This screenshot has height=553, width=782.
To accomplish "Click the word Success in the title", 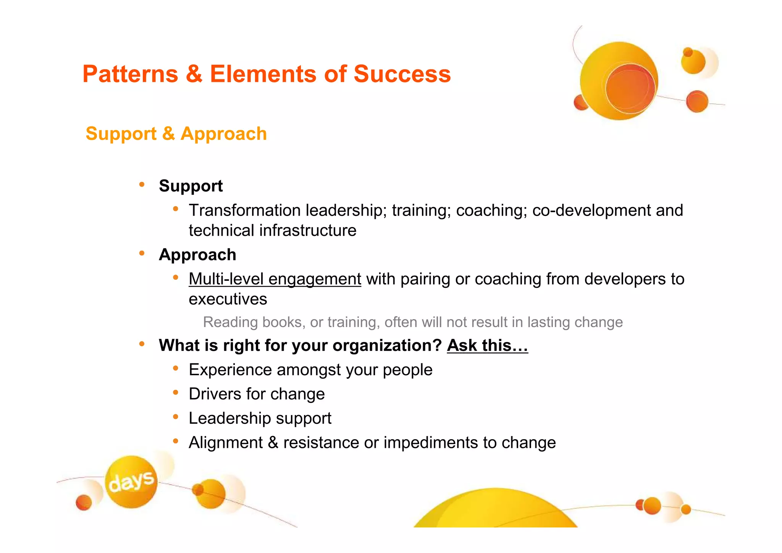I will (402, 74).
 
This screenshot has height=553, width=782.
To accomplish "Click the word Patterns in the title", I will (130, 74).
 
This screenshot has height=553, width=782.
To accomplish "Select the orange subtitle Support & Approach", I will (176, 134).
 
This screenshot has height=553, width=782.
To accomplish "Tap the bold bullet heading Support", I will (191, 186).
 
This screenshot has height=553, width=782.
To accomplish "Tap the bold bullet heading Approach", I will (197, 255).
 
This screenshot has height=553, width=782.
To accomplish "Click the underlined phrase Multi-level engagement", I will (275, 279).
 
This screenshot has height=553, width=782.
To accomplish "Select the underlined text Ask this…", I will (487, 345).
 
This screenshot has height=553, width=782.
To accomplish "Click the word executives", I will (228, 299).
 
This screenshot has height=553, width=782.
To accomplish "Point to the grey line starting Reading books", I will (412, 322).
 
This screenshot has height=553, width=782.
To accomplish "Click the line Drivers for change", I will (257, 394).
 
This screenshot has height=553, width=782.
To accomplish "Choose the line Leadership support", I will (260, 418).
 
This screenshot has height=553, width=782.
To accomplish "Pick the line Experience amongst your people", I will (310, 370).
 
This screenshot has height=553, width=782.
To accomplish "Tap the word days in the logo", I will (131, 482).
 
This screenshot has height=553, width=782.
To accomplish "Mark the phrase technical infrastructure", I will (272, 231).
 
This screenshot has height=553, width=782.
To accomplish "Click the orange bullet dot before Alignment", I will (176, 441).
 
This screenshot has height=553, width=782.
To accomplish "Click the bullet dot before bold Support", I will (142, 185).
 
